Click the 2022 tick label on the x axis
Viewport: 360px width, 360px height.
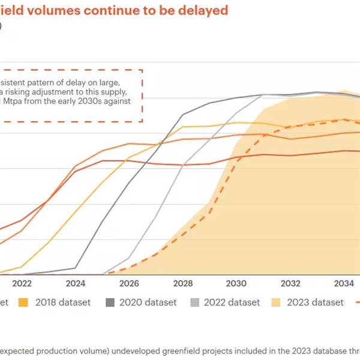point(22,283)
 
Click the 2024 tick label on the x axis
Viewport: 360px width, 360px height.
point(76,283)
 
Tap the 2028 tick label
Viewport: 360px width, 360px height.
point(183,283)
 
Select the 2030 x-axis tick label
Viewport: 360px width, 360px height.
point(236,283)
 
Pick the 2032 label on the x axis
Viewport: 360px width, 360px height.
point(290,283)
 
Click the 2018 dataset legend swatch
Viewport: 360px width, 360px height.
point(24,302)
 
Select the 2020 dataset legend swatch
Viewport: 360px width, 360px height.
point(110,302)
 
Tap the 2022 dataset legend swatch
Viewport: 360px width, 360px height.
point(194,302)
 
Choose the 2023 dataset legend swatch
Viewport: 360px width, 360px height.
point(278,302)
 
